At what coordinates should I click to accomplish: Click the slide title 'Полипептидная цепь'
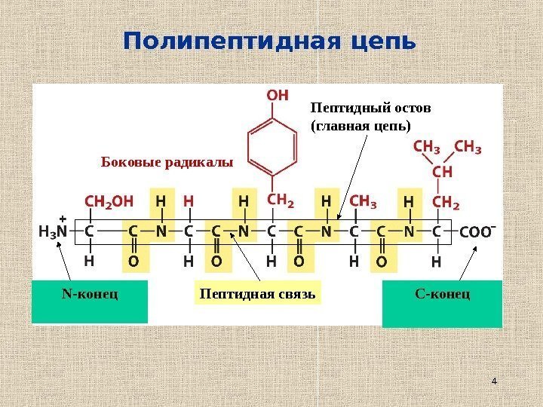coord(270,42)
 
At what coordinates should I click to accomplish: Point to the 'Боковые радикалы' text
coord(167,161)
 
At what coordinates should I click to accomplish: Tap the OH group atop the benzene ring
coord(278,96)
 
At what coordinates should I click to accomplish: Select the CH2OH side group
coord(109,203)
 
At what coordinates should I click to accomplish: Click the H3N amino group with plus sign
coord(53,230)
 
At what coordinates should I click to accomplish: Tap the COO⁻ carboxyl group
coord(477,231)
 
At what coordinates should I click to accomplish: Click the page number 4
coord(494,381)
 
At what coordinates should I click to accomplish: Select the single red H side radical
coord(189,203)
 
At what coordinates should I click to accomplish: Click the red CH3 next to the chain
coord(363,203)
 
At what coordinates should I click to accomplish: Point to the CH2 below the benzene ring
coord(281,201)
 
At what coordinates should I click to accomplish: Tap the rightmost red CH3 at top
coord(468,146)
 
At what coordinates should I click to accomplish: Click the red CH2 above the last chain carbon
coord(445,203)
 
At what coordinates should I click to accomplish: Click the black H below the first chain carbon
coord(89,262)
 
